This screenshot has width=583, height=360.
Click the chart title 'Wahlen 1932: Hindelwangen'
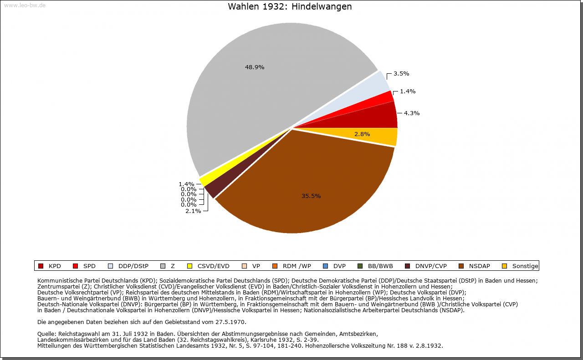(x=290, y=7)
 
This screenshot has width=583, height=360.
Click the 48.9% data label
(x=255, y=67)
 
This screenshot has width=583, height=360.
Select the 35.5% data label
(x=311, y=196)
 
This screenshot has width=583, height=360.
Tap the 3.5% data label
(x=401, y=73)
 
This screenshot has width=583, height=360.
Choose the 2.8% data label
(x=362, y=134)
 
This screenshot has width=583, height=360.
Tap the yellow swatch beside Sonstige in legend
(x=504, y=266)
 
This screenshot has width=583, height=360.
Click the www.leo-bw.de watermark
(x=25, y=5)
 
